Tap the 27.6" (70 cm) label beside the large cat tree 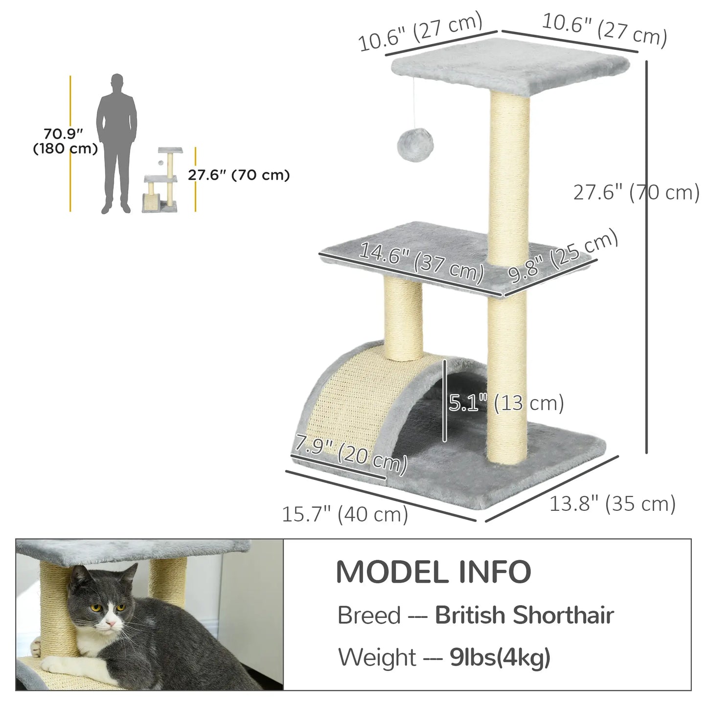pos(636,192)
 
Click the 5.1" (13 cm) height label pos(506,403)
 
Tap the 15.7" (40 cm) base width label pos(345,514)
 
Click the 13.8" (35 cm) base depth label pos(612,503)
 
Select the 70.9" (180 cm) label pos(65,141)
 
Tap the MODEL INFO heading pos(433,571)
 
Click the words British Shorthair pos(524,615)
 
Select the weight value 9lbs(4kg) pos(500,657)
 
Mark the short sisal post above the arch pos(403,318)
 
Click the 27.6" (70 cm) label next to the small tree pos(239,175)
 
